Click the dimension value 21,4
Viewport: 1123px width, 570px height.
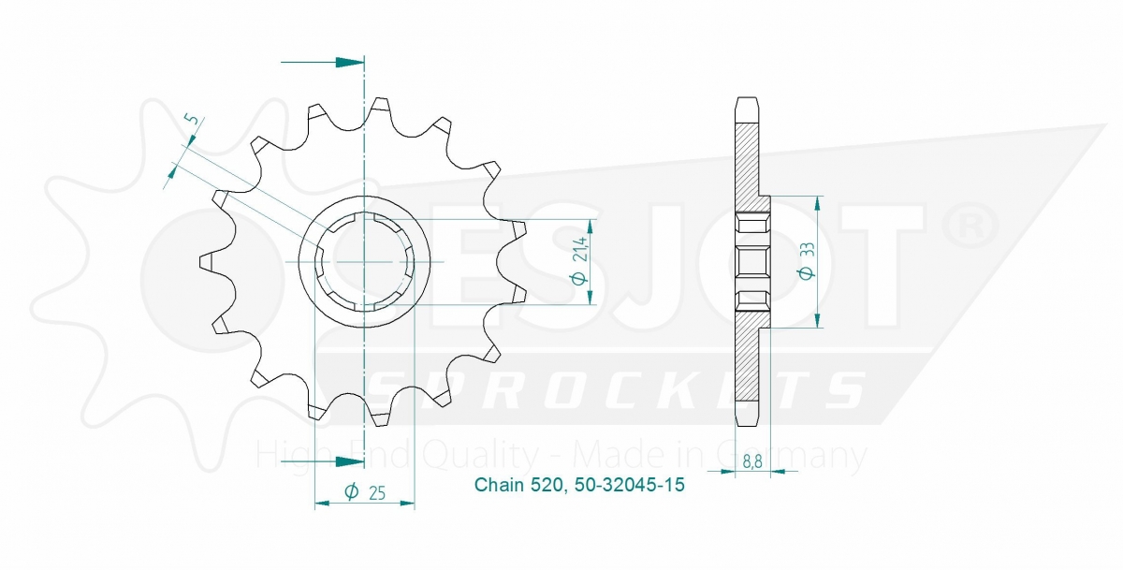580,249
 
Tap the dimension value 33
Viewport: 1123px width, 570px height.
807,251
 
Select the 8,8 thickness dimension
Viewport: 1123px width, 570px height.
752,461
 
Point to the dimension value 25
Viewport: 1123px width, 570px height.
376,493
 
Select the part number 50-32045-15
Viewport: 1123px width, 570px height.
629,485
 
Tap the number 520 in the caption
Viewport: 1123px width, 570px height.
550,485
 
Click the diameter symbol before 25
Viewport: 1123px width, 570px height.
352,491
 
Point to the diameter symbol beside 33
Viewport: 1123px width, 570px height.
807,272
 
